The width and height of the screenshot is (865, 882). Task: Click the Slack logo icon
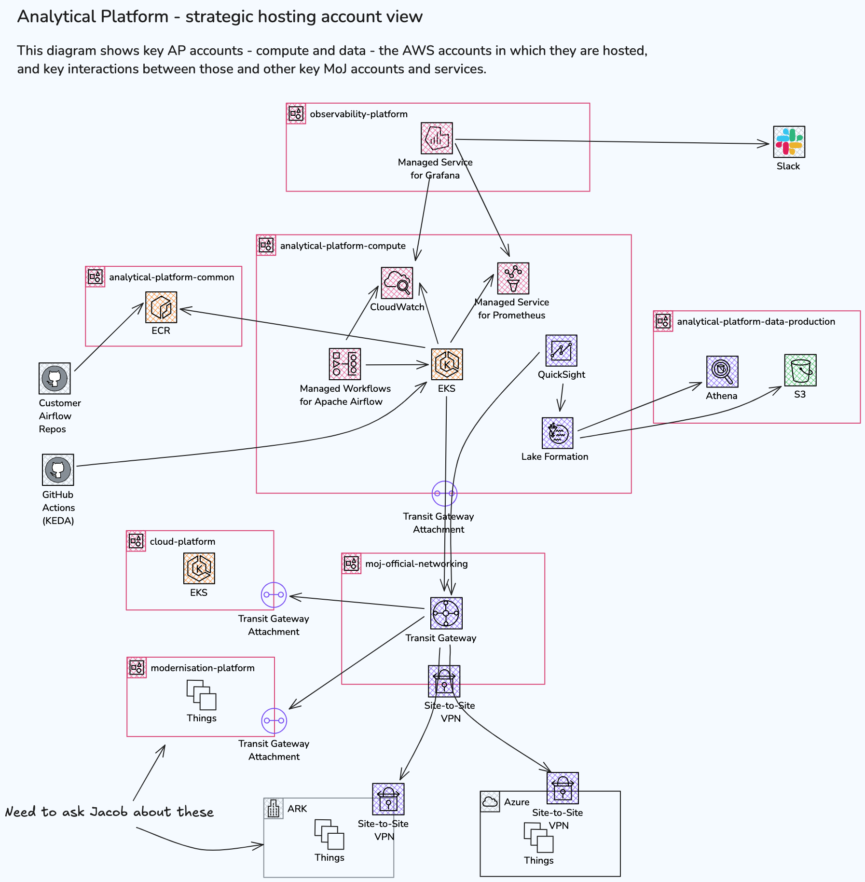coord(789,142)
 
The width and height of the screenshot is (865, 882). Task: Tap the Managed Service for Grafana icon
coord(437,138)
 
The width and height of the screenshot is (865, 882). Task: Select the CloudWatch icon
coord(397,283)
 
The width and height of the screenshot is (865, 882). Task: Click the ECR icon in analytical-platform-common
coord(161,307)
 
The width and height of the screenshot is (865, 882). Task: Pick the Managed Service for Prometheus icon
coord(513,278)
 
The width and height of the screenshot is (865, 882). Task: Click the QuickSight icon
coord(561,351)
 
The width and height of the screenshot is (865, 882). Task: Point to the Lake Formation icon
coord(558,433)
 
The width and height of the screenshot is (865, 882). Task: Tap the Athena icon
coord(722,372)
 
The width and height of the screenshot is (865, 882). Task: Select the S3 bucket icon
coord(800,370)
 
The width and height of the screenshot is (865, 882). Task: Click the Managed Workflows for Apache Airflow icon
coord(345,364)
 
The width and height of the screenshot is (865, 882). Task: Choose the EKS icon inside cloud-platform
coord(199,568)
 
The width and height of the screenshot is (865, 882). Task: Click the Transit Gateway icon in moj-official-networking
coord(446,613)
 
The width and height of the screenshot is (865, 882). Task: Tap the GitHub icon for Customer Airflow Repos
coord(55,379)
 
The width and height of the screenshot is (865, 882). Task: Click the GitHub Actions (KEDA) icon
coord(58,469)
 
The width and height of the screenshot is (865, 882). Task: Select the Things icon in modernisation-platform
coord(201,695)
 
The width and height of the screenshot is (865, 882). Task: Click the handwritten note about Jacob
coord(110,812)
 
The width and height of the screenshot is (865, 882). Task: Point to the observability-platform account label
coord(358,114)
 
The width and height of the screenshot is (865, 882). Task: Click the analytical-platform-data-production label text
coord(755,322)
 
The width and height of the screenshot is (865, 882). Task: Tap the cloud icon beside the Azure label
coord(490,802)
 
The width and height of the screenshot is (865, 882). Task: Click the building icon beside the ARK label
coord(274,808)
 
